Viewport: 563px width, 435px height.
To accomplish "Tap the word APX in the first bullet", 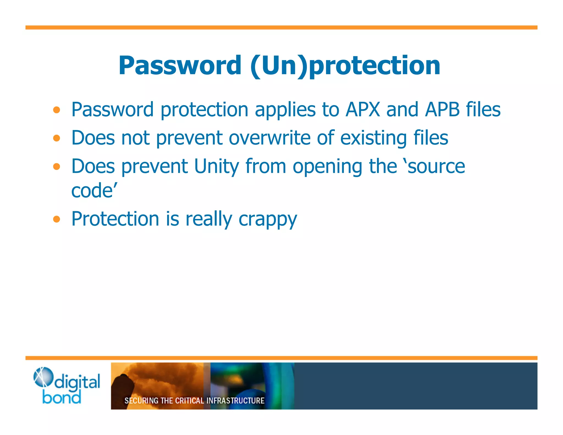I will (363, 110).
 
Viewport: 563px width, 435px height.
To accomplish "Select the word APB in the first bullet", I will (442, 110).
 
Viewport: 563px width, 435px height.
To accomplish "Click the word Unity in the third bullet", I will (217, 167).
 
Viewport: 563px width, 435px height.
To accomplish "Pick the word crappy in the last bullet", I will (268, 220).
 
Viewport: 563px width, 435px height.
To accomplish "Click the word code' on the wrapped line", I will (94, 191).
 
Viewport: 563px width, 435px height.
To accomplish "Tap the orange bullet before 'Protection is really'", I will (57, 219).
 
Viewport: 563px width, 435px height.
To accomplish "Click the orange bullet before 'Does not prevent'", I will (57, 138).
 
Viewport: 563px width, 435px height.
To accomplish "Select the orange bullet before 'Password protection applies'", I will (57, 110).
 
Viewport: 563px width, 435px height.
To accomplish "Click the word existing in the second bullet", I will (374, 138).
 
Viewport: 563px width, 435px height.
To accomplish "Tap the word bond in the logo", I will (62, 398).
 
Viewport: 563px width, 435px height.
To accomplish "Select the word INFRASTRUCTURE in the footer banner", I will (235, 401).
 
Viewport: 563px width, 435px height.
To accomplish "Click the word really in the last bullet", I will (209, 220).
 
